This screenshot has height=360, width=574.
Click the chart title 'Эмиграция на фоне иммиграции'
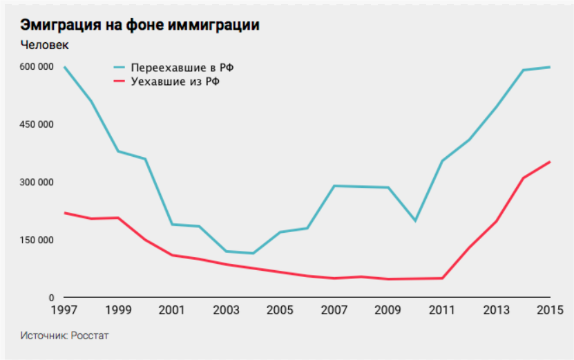point(140,25)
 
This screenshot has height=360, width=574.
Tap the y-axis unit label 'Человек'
point(45,46)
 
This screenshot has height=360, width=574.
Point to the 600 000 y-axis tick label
point(37,67)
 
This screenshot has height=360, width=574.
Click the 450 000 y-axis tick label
point(37,125)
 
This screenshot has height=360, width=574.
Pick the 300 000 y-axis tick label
point(37,182)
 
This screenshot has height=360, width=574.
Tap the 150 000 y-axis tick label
point(37,240)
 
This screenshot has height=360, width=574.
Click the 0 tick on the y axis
point(50,298)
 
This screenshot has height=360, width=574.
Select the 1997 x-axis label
point(64,310)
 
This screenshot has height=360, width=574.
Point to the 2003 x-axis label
point(226,310)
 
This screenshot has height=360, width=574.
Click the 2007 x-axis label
point(334,310)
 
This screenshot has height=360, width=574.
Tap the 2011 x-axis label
point(442,310)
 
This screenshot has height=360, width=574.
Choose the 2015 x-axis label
point(549,310)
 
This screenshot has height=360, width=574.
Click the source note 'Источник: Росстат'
point(65,336)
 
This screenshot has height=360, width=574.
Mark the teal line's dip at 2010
point(414,221)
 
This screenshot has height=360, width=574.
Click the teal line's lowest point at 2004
point(253,254)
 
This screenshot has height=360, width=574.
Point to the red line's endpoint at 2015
point(550,162)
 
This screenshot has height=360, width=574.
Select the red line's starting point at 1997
point(64,213)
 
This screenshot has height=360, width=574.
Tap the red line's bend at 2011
point(442,278)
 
